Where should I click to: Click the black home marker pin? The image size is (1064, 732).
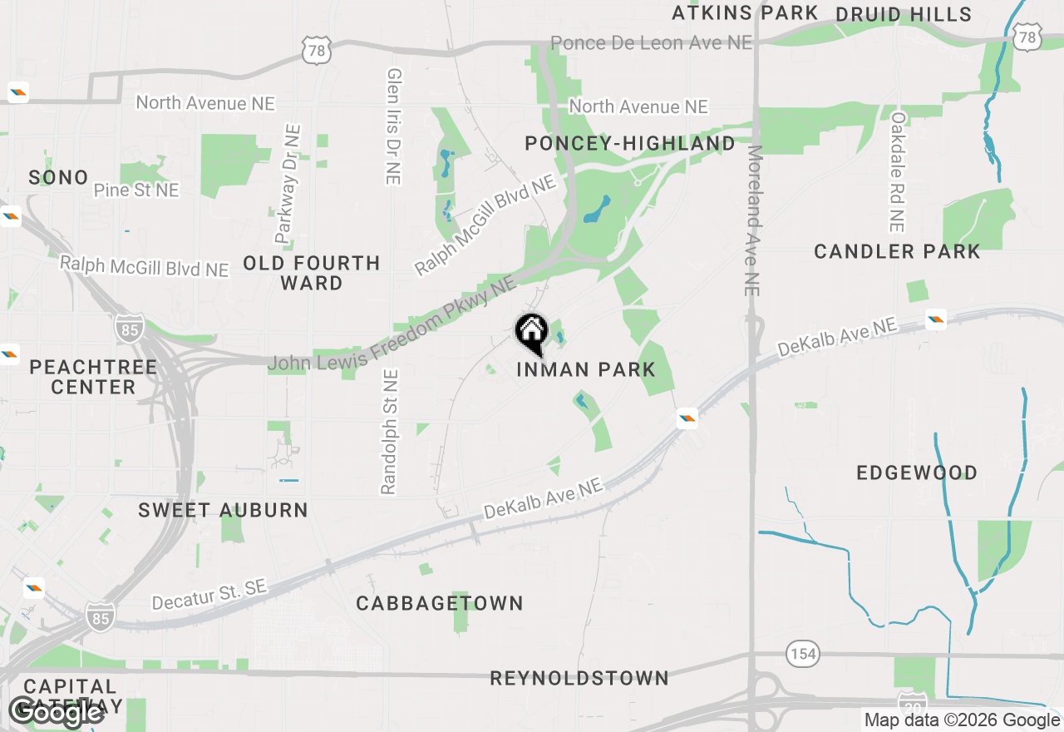(531, 334)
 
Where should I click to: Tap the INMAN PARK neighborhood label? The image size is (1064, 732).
(586, 369)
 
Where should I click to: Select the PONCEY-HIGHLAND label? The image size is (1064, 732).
(630, 144)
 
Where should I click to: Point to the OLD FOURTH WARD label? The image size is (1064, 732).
(312, 273)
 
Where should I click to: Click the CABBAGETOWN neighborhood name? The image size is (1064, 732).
(440, 603)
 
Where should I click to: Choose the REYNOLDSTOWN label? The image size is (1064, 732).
(579, 678)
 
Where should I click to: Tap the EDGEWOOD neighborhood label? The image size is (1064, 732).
(917, 473)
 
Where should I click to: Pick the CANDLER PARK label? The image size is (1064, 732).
(898, 251)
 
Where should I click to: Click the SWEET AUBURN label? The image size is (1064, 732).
(223, 510)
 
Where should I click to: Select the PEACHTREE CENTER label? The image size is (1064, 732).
(93, 377)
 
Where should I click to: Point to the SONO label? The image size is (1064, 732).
(58, 177)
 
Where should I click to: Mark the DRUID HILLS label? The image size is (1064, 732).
(904, 14)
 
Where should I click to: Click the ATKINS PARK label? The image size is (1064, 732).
(745, 12)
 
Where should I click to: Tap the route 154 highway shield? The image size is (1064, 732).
(803, 654)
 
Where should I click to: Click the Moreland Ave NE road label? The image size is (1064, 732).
(754, 220)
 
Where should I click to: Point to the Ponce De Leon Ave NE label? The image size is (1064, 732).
(651, 42)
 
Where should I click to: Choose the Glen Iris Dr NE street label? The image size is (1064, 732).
(393, 126)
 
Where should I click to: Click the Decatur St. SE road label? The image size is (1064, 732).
(209, 595)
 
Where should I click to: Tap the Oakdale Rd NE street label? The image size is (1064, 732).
(897, 172)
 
